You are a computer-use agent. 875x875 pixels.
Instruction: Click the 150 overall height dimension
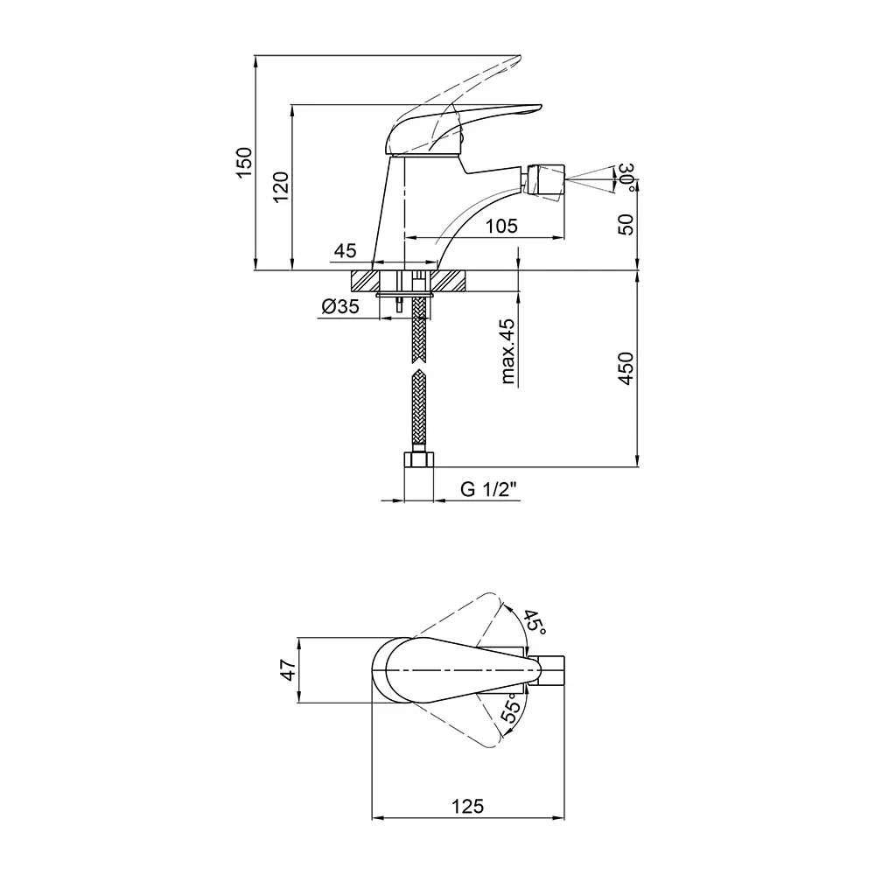pyautogui.click(x=244, y=163)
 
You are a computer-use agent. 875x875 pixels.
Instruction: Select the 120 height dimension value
pyautogui.click(x=281, y=187)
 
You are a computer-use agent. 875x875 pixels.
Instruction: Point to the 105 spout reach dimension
pyautogui.click(x=501, y=226)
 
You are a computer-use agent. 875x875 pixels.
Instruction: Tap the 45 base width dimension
pyautogui.click(x=345, y=250)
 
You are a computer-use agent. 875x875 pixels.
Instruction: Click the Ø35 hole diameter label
pyautogui.click(x=340, y=306)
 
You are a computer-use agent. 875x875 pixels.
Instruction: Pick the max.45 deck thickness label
pyautogui.click(x=507, y=351)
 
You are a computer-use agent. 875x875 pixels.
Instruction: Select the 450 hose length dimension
pyautogui.click(x=626, y=368)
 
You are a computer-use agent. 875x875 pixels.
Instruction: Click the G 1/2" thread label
pyautogui.click(x=489, y=489)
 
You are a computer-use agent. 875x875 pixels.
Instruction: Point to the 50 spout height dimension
pyautogui.click(x=626, y=224)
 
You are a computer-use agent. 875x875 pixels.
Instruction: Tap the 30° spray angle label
pyautogui.click(x=627, y=177)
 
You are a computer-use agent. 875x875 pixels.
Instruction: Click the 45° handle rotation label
pyautogui.click(x=534, y=620)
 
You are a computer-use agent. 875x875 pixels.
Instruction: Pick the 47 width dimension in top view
pyautogui.click(x=287, y=669)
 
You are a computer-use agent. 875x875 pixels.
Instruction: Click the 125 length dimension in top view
pyautogui.click(x=467, y=807)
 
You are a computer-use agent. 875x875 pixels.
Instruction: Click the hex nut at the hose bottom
pyautogui.click(x=418, y=460)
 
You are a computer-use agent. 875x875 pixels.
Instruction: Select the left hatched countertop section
pyautogui.click(x=365, y=281)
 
